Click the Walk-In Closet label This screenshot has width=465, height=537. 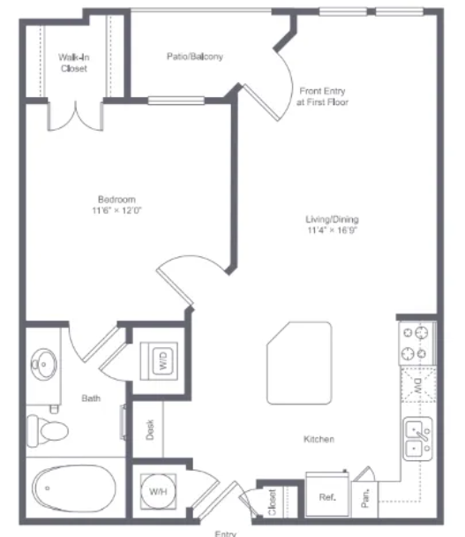click(x=74, y=63)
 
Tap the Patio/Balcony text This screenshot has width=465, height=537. click(x=195, y=57)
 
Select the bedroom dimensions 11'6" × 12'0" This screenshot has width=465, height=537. click(x=116, y=210)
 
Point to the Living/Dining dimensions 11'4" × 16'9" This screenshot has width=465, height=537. click(x=332, y=230)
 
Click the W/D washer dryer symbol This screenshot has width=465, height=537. click(x=159, y=361)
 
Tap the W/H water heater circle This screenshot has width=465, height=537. click(x=159, y=491)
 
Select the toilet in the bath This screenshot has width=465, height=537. click(x=48, y=430)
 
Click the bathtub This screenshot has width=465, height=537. click(x=74, y=488)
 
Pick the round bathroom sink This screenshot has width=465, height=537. click(x=44, y=364)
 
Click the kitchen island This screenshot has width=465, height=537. click(x=299, y=363)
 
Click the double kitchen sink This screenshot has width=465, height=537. click(x=418, y=439)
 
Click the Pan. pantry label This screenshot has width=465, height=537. click(x=365, y=498)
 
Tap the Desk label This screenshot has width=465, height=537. click(x=150, y=429)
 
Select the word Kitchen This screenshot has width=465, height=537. click(x=319, y=439)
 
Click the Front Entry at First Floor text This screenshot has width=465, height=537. click(x=322, y=96)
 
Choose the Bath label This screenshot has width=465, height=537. click(x=91, y=398)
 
